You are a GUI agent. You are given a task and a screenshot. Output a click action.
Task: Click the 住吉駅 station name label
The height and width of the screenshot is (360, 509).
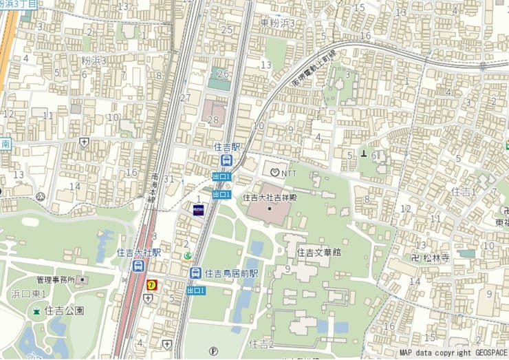tap(226, 147)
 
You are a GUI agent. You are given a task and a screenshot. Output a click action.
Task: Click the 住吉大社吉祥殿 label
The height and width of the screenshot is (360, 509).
tap(270, 198)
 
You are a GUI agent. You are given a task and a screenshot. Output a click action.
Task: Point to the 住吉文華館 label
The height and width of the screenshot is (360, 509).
tap(319, 253)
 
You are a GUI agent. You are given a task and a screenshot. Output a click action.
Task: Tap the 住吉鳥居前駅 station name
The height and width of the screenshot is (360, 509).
tap(231, 273)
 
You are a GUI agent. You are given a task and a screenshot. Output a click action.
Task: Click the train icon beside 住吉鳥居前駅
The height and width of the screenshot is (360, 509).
tap(196, 273)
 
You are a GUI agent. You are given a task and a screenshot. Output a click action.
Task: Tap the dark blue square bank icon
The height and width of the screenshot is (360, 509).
tap(197, 211)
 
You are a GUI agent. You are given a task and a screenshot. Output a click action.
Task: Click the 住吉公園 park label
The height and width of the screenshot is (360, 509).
tap(65, 311)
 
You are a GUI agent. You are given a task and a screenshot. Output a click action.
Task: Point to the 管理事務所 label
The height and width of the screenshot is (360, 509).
tap(56, 280)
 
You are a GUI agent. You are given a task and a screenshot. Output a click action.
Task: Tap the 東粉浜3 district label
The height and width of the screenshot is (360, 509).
tap(277, 23)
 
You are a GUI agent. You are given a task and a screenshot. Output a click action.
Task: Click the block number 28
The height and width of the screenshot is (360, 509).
tap(213, 120)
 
